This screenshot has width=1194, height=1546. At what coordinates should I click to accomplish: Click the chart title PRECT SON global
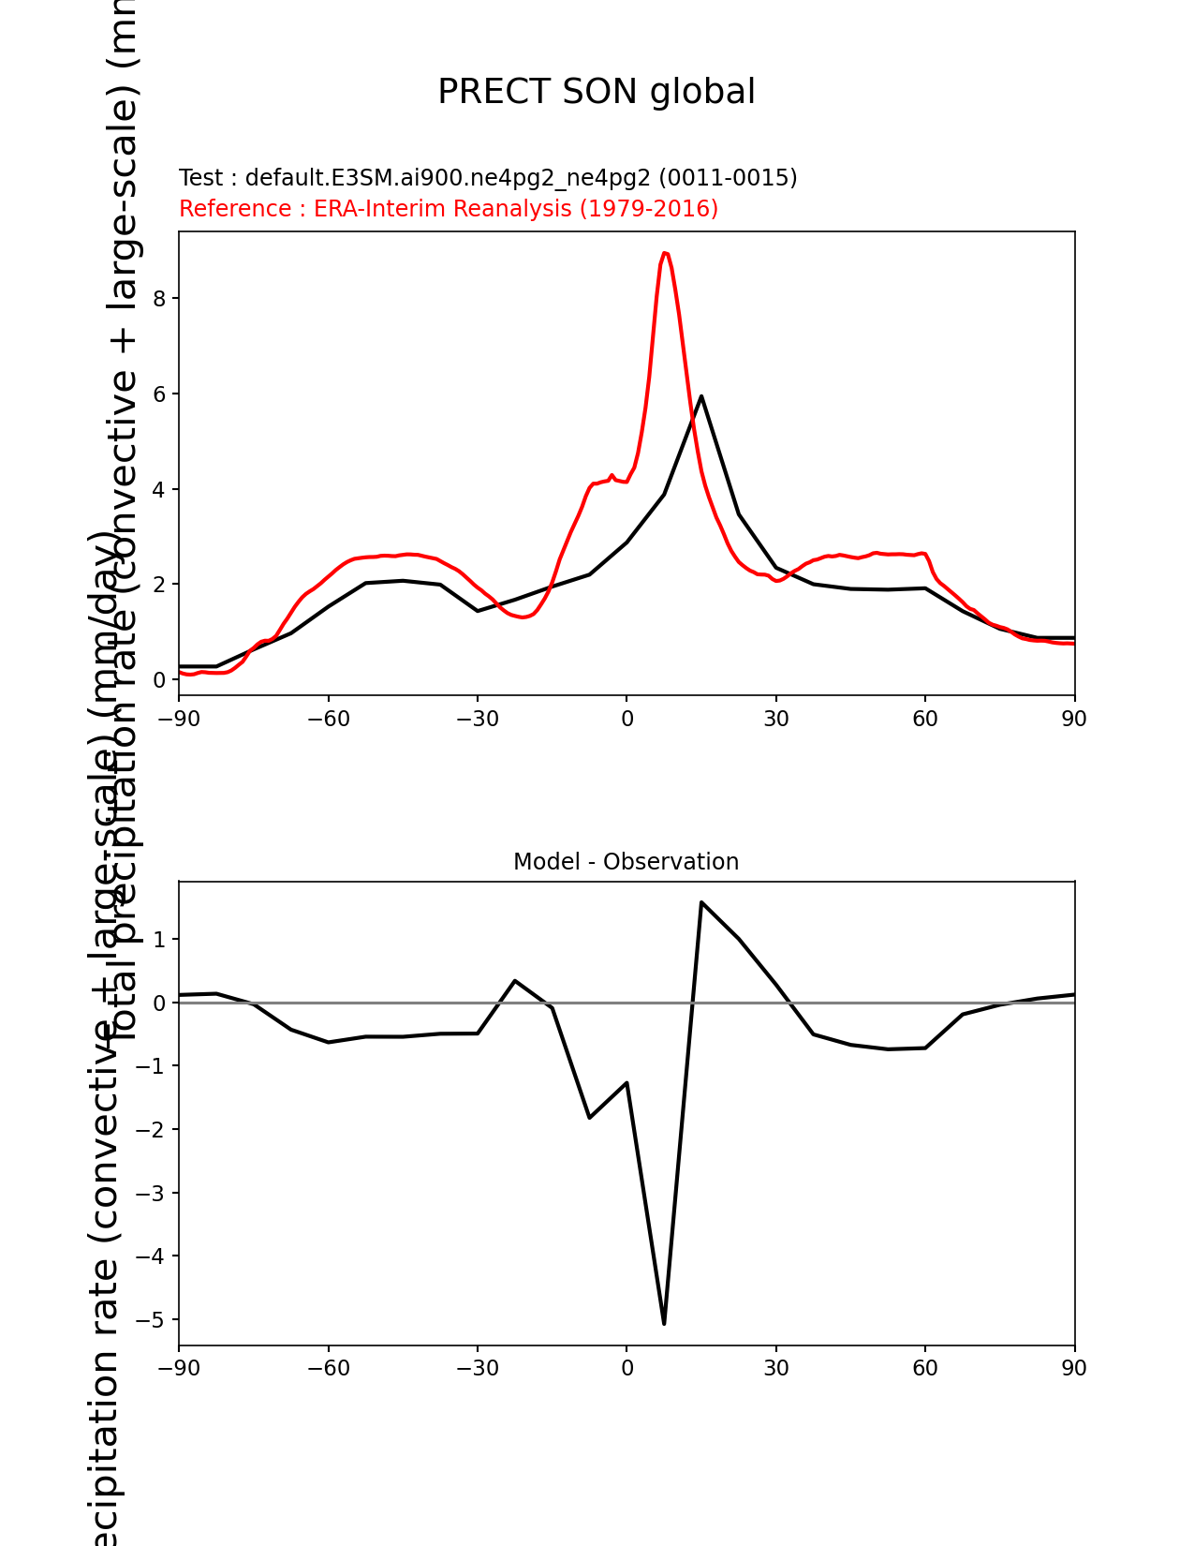(597, 92)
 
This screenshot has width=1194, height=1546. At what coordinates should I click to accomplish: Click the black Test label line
(488, 178)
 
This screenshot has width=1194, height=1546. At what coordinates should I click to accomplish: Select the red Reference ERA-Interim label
(449, 209)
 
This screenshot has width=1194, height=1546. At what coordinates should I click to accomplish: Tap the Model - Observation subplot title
(626, 862)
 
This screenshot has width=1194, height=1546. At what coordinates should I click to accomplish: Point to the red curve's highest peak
(664, 253)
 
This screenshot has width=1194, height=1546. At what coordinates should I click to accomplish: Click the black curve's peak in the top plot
(701, 396)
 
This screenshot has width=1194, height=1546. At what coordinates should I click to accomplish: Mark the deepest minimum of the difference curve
(664, 1323)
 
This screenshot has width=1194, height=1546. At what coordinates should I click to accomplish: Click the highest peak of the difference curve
(701, 902)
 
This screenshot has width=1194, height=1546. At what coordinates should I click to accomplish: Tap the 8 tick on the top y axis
(159, 299)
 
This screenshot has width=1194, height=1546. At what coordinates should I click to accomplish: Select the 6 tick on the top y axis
(159, 394)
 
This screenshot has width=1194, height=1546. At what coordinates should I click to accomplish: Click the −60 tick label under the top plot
(328, 719)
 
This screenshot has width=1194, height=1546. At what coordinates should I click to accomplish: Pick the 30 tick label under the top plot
(775, 719)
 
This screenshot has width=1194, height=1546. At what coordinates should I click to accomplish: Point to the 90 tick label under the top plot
(1074, 719)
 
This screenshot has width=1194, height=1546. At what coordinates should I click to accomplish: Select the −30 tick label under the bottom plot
(478, 1369)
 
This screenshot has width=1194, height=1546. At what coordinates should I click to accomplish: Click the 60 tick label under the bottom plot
(925, 1369)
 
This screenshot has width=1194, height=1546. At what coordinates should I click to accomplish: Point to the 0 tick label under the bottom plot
(626, 1369)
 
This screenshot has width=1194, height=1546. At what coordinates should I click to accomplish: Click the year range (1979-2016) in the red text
(649, 209)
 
